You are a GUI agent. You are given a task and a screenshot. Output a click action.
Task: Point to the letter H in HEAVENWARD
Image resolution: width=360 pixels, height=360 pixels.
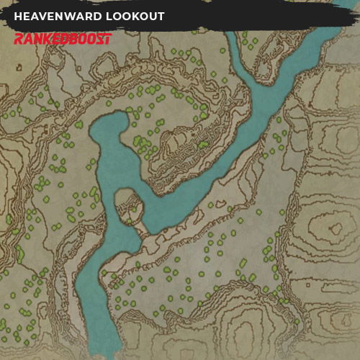pos(18,17)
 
